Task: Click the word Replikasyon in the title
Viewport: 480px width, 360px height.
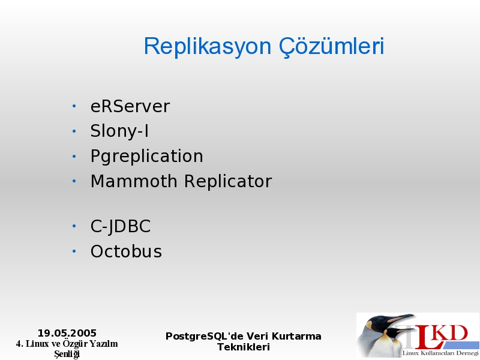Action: [x=208, y=47]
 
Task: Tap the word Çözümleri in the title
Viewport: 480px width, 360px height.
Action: [x=332, y=47]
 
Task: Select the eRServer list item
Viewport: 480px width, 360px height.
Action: [x=130, y=107]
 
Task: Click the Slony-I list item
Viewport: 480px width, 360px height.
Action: [x=119, y=131]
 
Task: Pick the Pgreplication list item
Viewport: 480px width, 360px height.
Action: [x=146, y=157]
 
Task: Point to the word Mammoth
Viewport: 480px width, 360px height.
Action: [x=134, y=181]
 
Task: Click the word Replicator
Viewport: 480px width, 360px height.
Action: [x=228, y=181]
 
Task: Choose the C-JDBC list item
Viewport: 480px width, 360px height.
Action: [x=121, y=227]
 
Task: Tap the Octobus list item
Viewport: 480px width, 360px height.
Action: [x=126, y=251]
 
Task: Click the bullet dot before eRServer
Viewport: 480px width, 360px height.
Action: [x=74, y=106]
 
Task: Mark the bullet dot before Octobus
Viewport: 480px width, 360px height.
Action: [x=74, y=251]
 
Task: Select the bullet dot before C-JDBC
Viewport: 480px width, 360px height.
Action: [x=74, y=226]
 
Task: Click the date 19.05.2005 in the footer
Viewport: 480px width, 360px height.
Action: [x=67, y=333]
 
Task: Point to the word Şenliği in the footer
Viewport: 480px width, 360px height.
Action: [x=67, y=354]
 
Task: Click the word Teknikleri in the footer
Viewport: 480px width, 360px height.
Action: [x=244, y=347]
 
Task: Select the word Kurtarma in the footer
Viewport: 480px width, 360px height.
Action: [x=296, y=336]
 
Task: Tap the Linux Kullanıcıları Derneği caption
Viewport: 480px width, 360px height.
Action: [x=440, y=353]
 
